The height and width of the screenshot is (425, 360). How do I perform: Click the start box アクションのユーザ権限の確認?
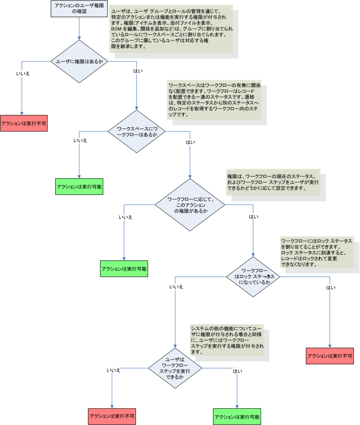(79, 8)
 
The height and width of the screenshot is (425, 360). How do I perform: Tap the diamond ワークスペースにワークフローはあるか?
(137, 131)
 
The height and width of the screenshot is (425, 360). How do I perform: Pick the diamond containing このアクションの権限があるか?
(190, 205)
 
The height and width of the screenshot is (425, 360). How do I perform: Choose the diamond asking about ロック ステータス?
(254, 277)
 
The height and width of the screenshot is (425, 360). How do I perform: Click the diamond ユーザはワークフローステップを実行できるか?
(175, 368)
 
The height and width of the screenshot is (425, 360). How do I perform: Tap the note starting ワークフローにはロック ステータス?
(316, 253)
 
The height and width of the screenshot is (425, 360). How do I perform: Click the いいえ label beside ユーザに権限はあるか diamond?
(23, 73)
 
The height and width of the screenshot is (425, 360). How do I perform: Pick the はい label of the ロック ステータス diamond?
(331, 288)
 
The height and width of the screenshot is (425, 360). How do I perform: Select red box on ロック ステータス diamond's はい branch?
(330, 355)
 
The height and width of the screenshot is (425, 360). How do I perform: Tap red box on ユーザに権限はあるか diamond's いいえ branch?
(23, 123)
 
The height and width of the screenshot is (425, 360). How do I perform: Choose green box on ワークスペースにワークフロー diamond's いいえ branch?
(79, 186)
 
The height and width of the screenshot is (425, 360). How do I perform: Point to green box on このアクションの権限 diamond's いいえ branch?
(124, 269)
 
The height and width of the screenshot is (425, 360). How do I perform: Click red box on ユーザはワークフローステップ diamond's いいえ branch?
(111, 416)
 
